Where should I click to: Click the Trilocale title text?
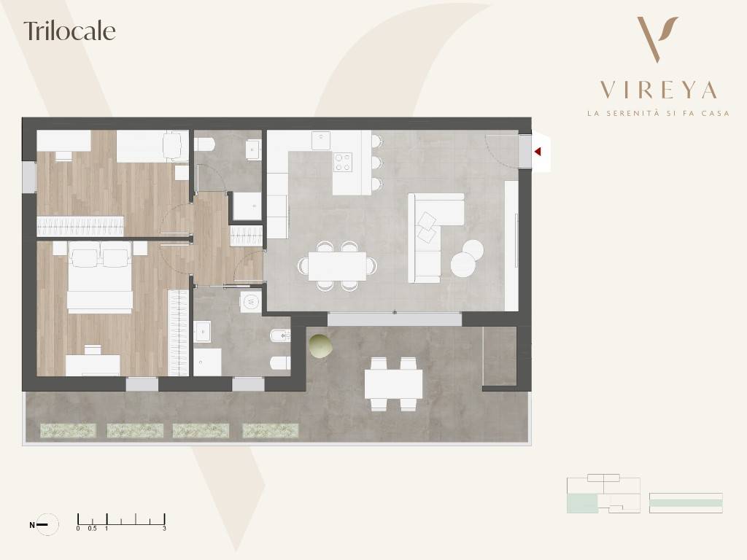(x=69, y=31)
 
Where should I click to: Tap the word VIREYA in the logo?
(x=659, y=90)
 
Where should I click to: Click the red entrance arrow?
(x=538, y=152)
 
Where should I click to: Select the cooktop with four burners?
(x=343, y=162)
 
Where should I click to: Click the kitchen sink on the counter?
(x=321, y=140)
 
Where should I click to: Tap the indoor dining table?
(x=337, y=265)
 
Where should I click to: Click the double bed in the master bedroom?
(x=99, y=276)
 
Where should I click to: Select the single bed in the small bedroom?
(x=152, y=146)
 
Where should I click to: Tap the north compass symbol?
(x=47, y=525)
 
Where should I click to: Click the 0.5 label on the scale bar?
(x=92, y=529)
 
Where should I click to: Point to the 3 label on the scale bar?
(x=164, y=529)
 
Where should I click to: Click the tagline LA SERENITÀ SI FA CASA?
(x=659, y=113)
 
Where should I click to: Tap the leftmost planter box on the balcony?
(x=68, y=431)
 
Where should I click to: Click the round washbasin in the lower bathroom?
(x=251, y=301)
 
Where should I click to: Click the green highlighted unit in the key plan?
(x=582, y=503)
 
